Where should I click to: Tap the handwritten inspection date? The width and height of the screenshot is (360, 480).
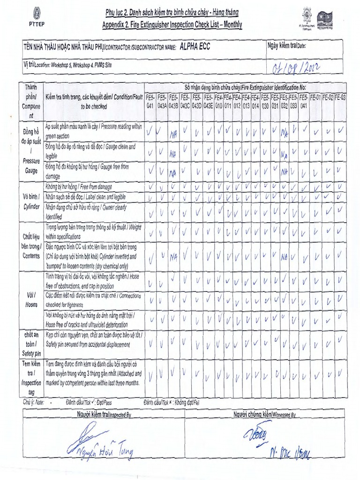[x=296, y=68]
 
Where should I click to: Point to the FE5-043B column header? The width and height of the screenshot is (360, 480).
[x=173, y=102]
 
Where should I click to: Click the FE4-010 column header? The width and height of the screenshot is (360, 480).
[x=218, y=102]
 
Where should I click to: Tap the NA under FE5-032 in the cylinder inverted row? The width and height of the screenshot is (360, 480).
[x=284, y=257]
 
